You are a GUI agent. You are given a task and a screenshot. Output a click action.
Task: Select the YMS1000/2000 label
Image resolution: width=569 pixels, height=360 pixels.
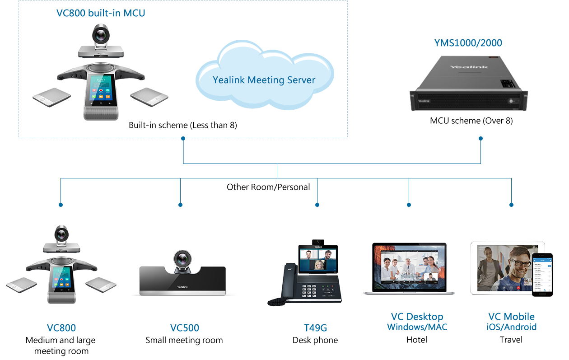468,43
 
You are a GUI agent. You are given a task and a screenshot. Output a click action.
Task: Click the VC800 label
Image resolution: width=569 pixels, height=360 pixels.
61,328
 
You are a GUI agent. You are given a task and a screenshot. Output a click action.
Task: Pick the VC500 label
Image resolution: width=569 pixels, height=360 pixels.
184,328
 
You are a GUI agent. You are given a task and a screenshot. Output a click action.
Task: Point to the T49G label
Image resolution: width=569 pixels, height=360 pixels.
315,328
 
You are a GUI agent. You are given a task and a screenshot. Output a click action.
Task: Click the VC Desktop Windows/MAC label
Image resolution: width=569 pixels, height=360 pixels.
417,322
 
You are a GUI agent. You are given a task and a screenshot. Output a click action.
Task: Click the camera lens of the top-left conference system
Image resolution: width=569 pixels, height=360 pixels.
100,34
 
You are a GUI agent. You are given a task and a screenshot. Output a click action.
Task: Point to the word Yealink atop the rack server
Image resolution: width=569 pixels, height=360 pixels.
468,67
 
